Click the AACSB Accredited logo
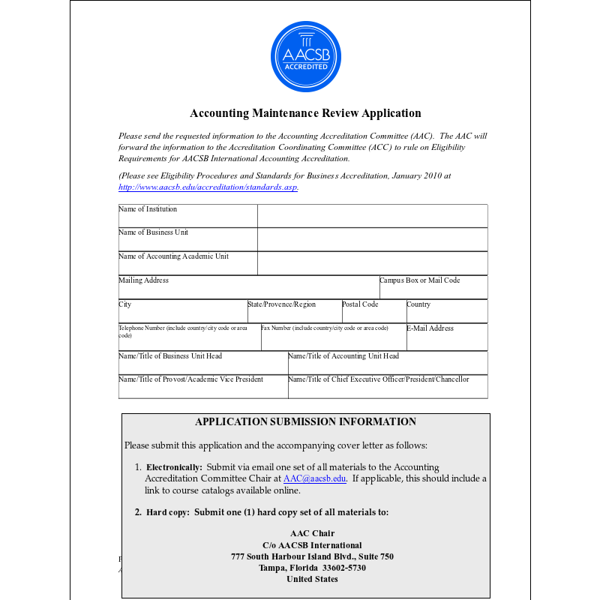305,56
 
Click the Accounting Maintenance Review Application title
305,113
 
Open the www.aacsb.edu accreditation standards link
208,187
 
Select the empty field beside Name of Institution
372,216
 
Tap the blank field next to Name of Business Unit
372,239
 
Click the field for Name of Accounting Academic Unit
372,263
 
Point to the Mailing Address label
144,280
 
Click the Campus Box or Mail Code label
420,280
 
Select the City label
125,304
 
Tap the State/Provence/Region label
282,304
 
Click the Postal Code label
361,304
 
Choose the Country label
418,304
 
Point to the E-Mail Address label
430,328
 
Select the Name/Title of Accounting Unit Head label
343,356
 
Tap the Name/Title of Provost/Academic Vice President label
191,379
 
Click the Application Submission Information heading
305,422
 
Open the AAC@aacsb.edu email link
315,478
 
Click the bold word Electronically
174,467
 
